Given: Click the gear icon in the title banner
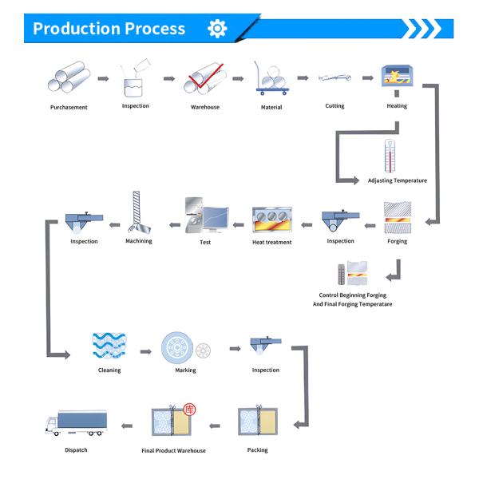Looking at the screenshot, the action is [x=217, y=29].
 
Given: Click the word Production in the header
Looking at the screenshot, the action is [x=77, y=29].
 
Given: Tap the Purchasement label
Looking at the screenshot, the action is [x=69, y=107].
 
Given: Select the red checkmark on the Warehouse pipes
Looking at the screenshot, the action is [x=205, y=76].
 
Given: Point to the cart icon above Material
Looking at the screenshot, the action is [x=271, y=78].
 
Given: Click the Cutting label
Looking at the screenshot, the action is [x=335, y=105].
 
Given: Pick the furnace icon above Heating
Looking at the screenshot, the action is [x=397, y=76].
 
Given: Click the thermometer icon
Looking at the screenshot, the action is [x=390, y=156].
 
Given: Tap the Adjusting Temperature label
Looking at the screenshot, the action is [x=397, y=180].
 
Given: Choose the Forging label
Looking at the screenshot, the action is [x=397, y=241].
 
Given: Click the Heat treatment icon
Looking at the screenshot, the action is [x=272, y=220].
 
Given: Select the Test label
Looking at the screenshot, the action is [x=205, y=242].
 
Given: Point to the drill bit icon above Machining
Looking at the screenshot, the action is [x=138, y=212].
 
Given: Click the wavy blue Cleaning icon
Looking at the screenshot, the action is [x=109, y=346].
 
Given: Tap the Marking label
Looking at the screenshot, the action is [x=185, y=370].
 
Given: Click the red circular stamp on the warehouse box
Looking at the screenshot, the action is [x=189, y=410].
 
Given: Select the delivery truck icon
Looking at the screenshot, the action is [x=76, y=423].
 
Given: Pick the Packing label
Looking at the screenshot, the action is [x=258, y=450].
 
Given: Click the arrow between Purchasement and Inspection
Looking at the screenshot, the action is [x=103, y=79].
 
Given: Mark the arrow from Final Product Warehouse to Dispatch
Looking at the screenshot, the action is [x=127, y=426].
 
